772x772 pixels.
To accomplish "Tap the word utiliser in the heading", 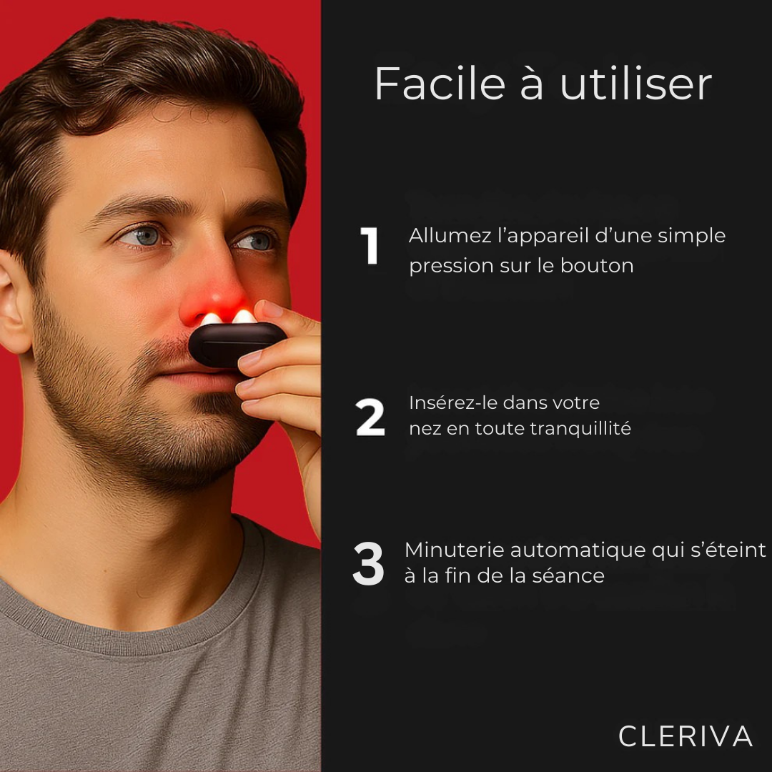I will [x=635, y=84].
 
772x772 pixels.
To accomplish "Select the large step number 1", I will [x=369, y=247].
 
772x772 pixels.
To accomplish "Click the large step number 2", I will [x=370, y=418].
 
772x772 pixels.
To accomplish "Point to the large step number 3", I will [x=368, y=564].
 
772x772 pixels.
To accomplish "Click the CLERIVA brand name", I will [x=685, y=736].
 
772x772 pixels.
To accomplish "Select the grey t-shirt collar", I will [x=143, y=615].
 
